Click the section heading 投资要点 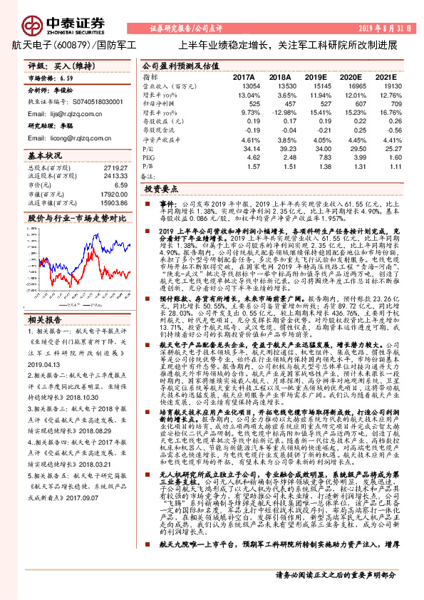click(x=160, y=191)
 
